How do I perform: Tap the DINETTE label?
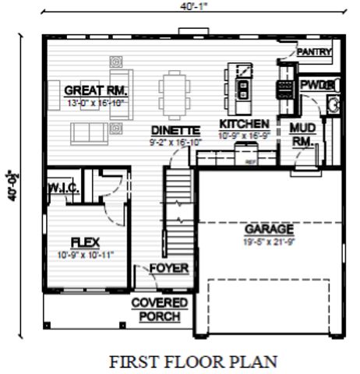coord(175,131)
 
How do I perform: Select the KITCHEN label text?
coord(244,124)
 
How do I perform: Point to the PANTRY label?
coord(314,52)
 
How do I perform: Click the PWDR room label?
coord(316,84)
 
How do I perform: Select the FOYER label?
coord(169,269)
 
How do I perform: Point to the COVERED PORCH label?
coord(159,309)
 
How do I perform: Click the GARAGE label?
coord(270,229)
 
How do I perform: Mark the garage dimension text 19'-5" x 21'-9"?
coord(270,242)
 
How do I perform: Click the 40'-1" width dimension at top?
coord(193,5)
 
